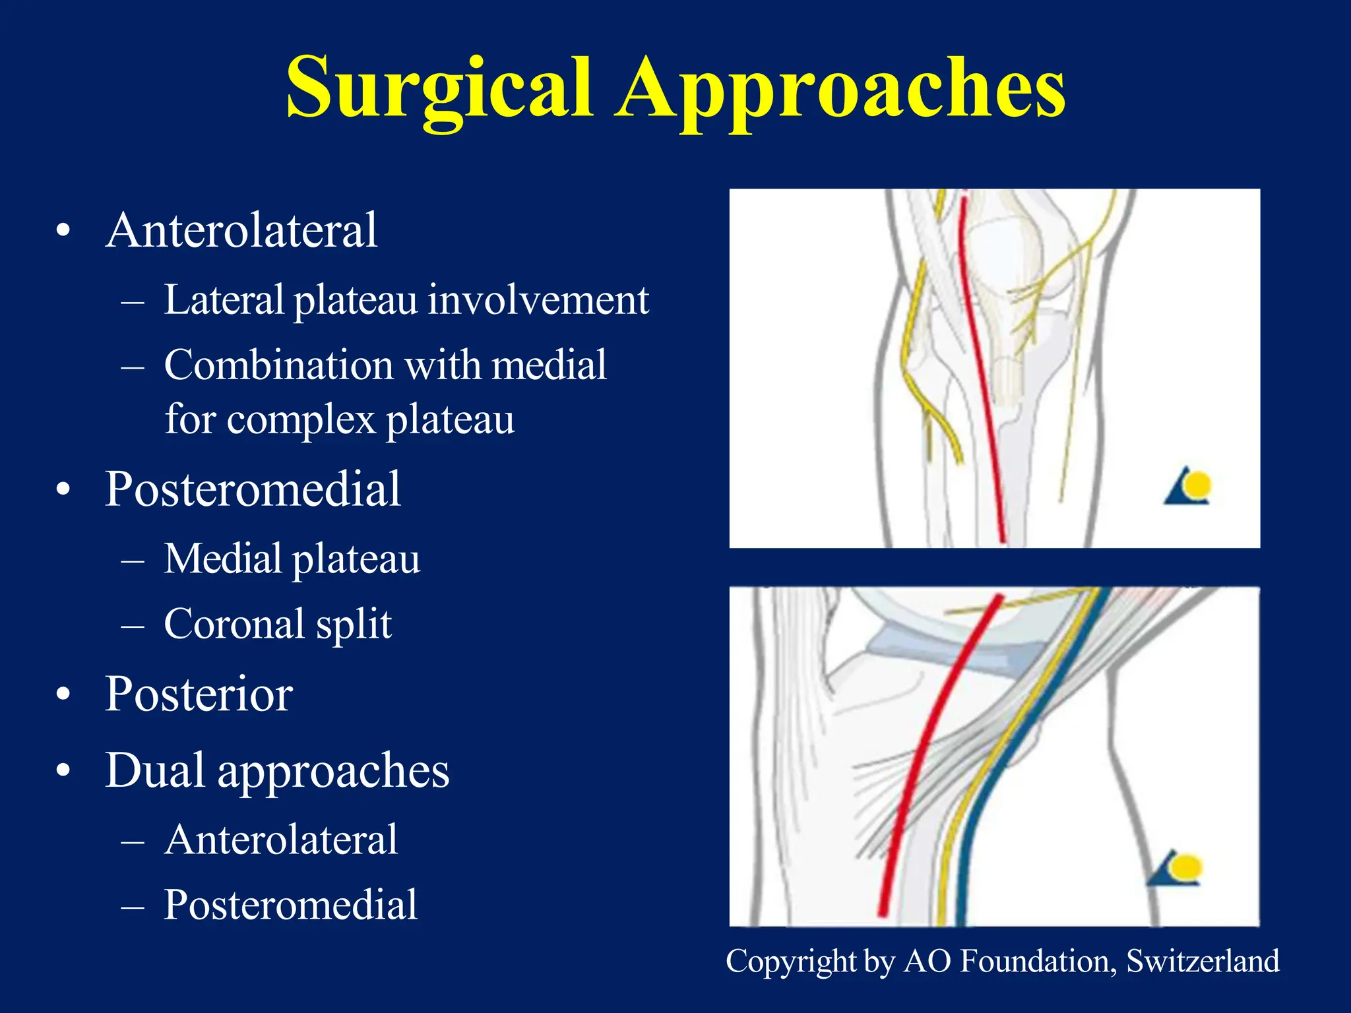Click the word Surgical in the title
tap(439, 89)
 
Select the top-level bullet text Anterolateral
tap(241, 230)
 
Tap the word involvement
tap(538, 300)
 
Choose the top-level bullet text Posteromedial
tap(253, 489)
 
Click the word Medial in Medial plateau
tap(222, 559)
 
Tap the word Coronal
tap(234, 624)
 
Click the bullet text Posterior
tap(199, 694)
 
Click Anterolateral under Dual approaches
tap(281, 840)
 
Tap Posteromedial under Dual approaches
tap(291, 904)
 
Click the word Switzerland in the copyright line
tap(1203, 961)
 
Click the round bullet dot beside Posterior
tap(63, 694)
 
